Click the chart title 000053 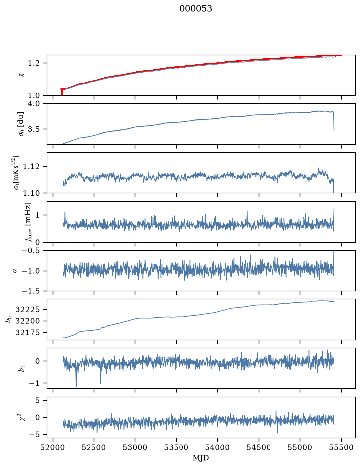pyautogui.click(x=195, y=9)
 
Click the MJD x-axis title pyautogui.click(x=201, y=458)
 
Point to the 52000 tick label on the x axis pyautogui.click(x=53, y=448)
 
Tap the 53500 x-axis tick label pyautogui.click(x=177, y=448)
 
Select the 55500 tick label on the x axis pyautogui.click(x=341, y=448)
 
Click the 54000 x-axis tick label pyautogui.click(x=217, y=448)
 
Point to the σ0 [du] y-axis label pyautogui.click(x=21, y=124)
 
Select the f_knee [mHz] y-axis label pyautogui.click(x=28, y=222)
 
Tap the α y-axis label pyautogui.click(x=15, y=271)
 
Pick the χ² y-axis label pyautogui.click(x=23, y=417)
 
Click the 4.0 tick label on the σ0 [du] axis pyautogui.click(x=38, y=103)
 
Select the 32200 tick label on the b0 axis pyautogui.click(x=27, y=321)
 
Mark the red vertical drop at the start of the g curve pyautogui.click(x=62, y=92)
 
